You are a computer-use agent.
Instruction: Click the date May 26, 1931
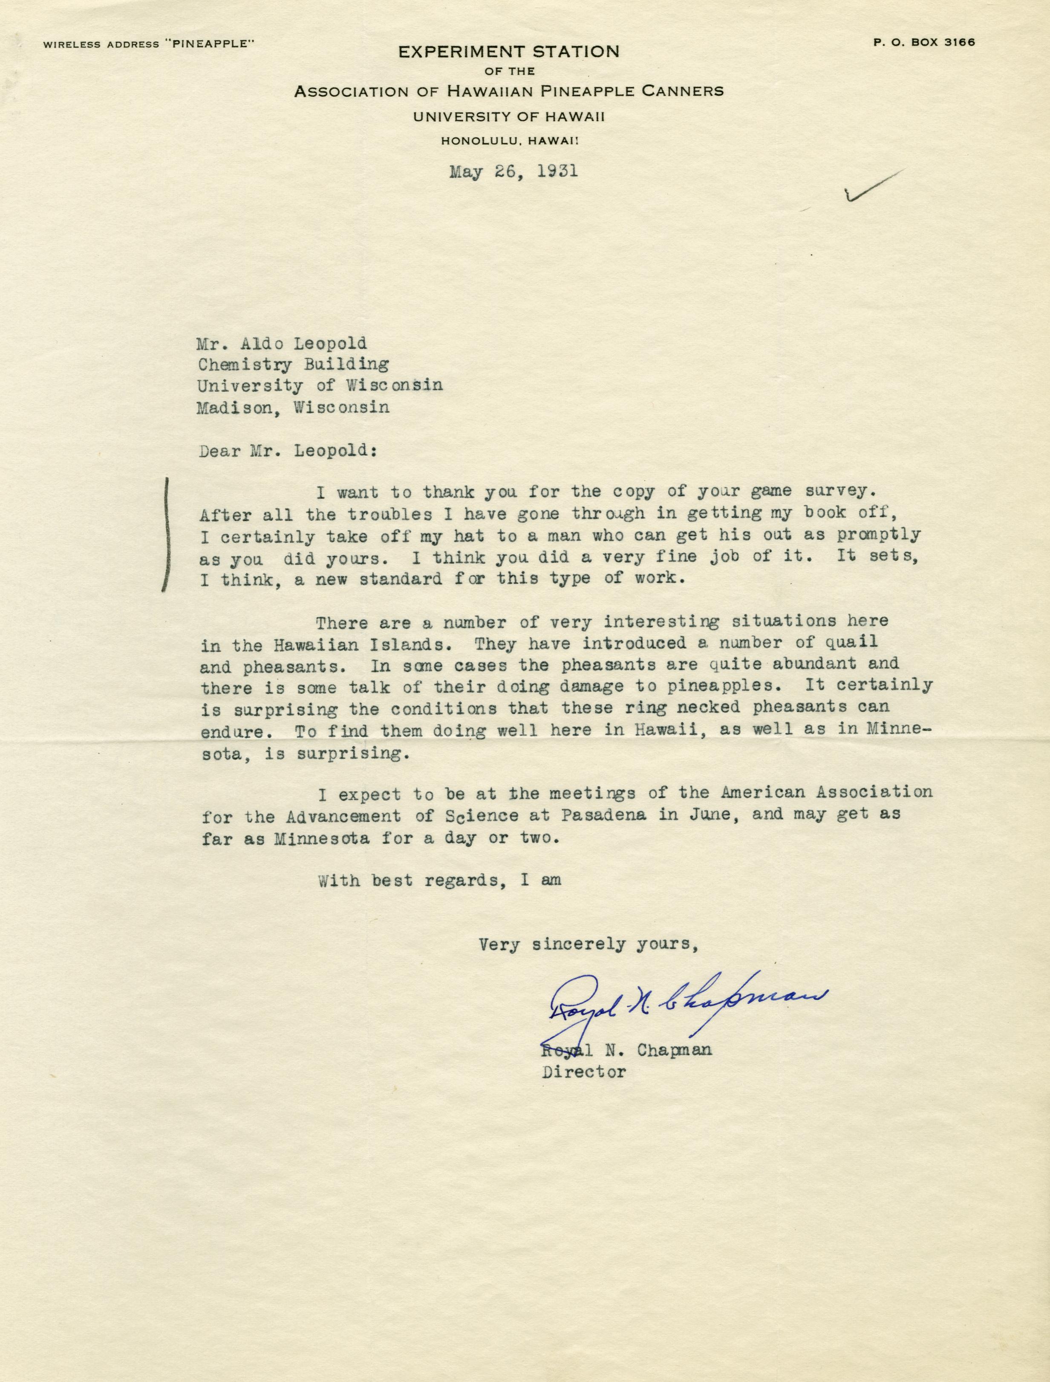[x=513, y=171]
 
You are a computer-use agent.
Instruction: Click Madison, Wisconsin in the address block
[x=293, y=408]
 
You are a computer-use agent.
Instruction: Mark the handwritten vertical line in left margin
[x=166, y=535]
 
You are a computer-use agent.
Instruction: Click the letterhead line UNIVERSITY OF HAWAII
[x=509, y=116]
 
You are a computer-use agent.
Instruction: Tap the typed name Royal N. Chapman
[x=626, y=1050]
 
